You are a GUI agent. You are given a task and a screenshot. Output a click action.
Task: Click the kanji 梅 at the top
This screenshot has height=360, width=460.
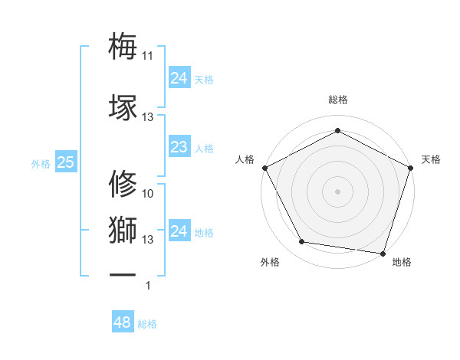pos(123,46)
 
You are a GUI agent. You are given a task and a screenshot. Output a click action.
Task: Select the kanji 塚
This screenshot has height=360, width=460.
pos(123,106)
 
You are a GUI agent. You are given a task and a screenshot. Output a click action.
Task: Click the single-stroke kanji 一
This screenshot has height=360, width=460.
pos(123,274)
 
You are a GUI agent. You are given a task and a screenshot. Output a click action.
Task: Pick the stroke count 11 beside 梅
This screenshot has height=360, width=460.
pos(147,56)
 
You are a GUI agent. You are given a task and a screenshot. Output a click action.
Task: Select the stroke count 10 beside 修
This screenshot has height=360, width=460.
pos(148,194)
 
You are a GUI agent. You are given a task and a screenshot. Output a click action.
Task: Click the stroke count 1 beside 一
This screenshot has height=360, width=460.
pos(148,286)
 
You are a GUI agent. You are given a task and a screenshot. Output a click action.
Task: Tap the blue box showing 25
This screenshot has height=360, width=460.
pos(65,162)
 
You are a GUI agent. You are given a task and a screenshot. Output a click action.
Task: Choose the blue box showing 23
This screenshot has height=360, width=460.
pos(179,147)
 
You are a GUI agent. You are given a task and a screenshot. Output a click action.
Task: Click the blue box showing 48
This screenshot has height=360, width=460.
pos(122,322)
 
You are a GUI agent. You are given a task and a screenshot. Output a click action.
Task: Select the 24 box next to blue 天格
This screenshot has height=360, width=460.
pos(179,78)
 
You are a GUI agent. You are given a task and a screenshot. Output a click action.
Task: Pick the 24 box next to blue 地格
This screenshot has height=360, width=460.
pos(179,231)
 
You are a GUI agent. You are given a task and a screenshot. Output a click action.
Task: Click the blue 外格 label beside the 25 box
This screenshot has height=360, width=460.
pos(41,163)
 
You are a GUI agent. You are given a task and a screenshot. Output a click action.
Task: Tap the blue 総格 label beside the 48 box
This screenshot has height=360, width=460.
pos(147,324)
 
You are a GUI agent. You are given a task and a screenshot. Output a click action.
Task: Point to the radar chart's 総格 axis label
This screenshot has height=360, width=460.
pos(337,100)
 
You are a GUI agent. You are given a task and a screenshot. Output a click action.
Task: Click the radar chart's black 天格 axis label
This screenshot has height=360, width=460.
pos(431,159)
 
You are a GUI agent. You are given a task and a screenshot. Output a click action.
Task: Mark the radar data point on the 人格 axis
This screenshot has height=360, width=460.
pos(264,167)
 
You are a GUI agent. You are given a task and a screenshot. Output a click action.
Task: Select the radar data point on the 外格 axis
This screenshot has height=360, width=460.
pos(302,242)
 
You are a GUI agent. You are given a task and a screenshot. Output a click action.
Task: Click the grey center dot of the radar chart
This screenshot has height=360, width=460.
pos(337,191)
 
